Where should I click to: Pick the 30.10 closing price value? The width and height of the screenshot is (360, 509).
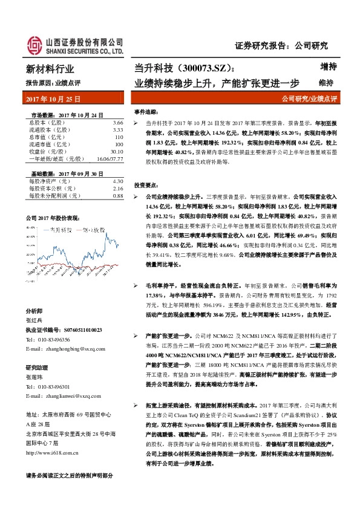(x=116, y=152)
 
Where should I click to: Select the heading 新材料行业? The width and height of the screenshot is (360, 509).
(x=50, y=70)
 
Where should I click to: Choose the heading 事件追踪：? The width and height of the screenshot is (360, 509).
(x=146, y=112)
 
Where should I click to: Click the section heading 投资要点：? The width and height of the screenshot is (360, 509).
(x=146, y=185)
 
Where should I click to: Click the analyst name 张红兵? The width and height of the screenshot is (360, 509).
(x=34, y=320)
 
